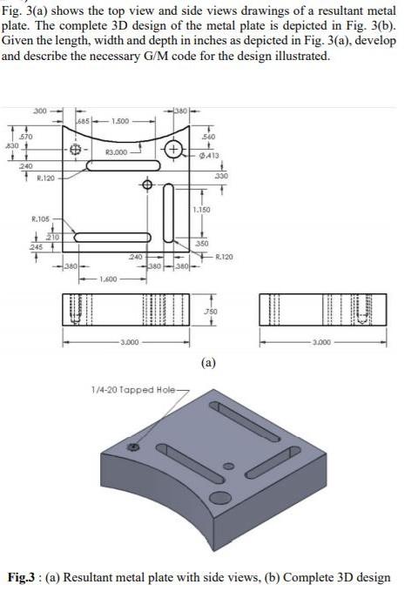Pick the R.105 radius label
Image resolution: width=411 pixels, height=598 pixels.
[x=40, y=218]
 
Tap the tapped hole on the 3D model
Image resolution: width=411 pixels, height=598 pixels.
[x=133, y=447]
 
